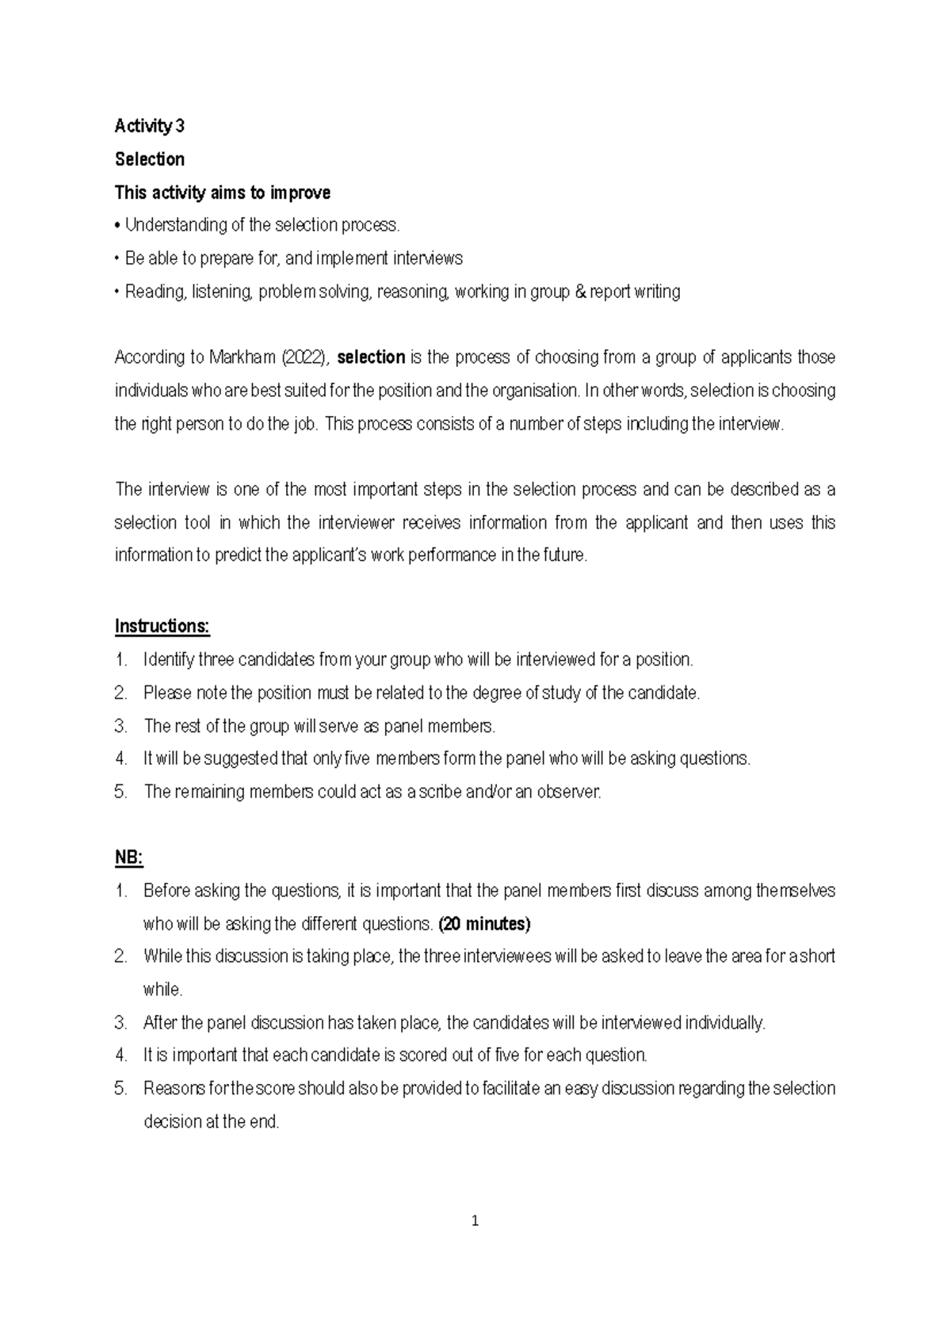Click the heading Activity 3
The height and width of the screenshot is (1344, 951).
tap(150, 126)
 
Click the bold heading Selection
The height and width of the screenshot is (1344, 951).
tap(150, 159)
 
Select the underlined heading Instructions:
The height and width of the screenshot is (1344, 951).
tap(162, 626)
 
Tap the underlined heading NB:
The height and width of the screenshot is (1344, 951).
tap(128, 857)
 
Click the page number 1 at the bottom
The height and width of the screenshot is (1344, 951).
tap(475, 1221)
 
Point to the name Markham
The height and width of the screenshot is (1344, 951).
tap(243, 357)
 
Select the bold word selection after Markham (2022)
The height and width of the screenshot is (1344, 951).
tap(371, 357)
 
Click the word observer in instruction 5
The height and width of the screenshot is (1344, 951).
tap(568, 792)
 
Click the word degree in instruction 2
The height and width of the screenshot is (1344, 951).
tap(496, 693)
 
